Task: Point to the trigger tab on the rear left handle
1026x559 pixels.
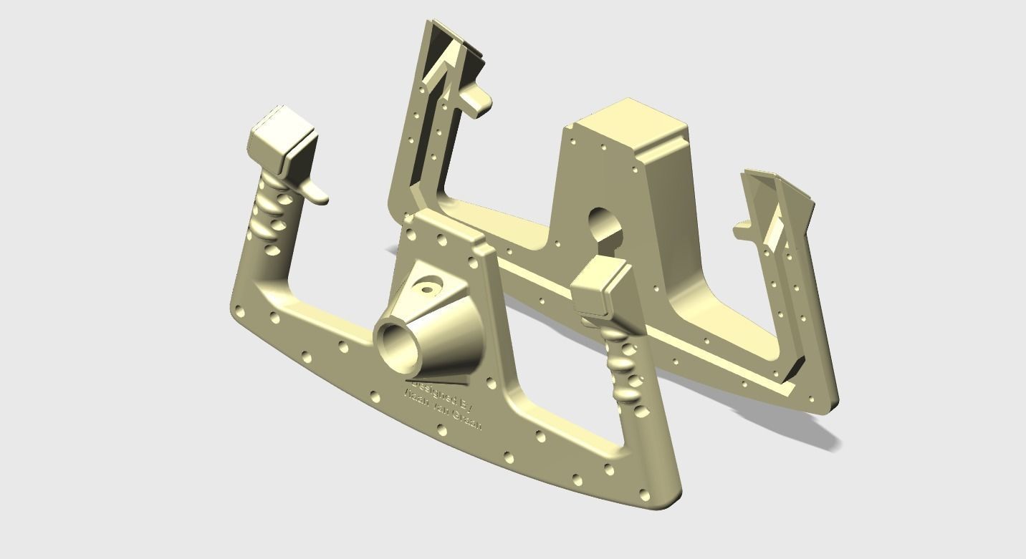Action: click(479, 100)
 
